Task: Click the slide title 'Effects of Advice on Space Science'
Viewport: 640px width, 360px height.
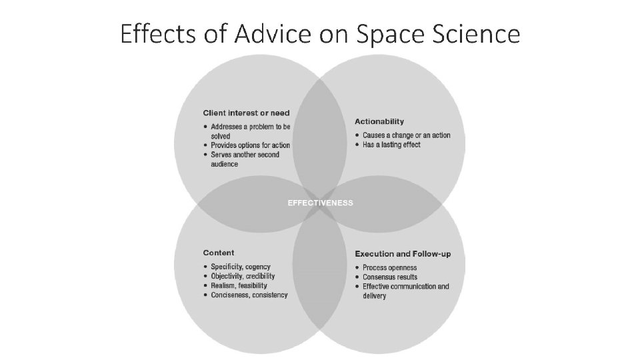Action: pos(320,33)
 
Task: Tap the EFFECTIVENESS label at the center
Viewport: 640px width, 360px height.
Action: pos(320,203)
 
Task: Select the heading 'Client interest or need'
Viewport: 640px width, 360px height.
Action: pos(246,113)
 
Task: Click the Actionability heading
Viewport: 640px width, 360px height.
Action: pos(379,121)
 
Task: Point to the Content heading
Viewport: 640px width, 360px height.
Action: pos(219,253)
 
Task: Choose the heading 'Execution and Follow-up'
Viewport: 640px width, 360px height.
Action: pos(403,254)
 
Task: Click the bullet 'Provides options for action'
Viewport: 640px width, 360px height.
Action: pos(250,145)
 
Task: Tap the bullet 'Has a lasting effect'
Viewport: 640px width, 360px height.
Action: pos(391,145)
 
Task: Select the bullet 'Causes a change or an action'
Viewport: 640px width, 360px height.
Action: pos(406,135)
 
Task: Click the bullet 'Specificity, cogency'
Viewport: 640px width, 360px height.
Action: pos(239,267)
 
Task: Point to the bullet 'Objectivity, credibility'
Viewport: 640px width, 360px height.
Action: pos(243,276)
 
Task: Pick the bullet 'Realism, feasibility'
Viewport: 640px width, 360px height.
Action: pos(239,285)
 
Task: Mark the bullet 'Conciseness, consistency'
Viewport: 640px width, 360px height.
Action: pos(249,295)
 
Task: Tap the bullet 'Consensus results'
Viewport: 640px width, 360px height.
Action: pos(390,277)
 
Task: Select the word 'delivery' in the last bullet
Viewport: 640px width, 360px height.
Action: pos(375,296)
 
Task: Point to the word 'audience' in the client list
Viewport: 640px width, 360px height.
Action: pos(225,164)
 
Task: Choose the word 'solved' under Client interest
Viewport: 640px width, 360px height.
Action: pos(221,136)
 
